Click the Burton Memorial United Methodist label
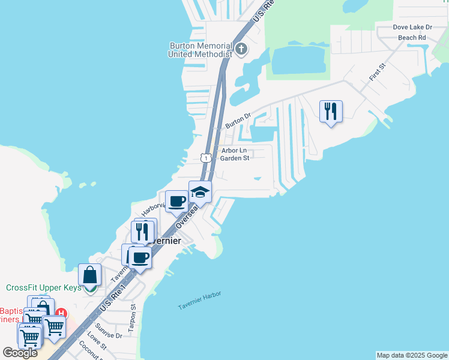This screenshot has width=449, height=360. pos(200,50)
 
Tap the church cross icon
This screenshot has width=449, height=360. pos(241,49)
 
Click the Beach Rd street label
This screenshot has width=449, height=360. pos(412,37)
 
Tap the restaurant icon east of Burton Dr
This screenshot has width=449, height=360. pos(331,112)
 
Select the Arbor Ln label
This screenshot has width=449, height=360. pos(234,151)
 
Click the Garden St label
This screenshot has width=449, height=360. pos(234,158)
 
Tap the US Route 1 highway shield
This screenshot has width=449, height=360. pos(205,157)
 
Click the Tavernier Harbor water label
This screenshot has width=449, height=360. pos(199,301)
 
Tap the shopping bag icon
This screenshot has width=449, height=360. pos(89,275)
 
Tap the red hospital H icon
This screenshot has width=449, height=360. pos(61,313)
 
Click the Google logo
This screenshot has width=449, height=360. pos(20,353)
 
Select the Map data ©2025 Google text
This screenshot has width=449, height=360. pos(412,355)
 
